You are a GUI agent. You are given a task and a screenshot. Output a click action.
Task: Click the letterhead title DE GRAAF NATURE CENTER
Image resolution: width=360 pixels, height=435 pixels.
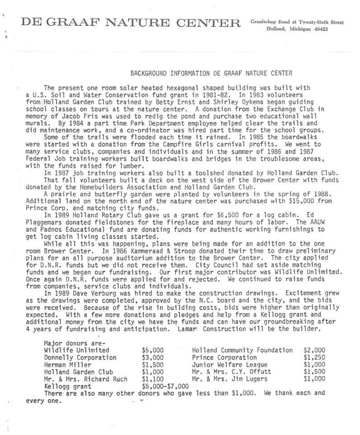131,23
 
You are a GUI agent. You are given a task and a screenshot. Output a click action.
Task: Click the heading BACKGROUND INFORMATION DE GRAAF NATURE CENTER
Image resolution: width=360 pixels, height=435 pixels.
211,74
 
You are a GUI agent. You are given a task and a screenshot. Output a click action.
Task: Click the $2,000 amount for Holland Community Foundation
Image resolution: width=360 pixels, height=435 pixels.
314,350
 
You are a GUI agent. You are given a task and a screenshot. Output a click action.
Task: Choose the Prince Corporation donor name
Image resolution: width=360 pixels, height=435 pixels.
224,357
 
